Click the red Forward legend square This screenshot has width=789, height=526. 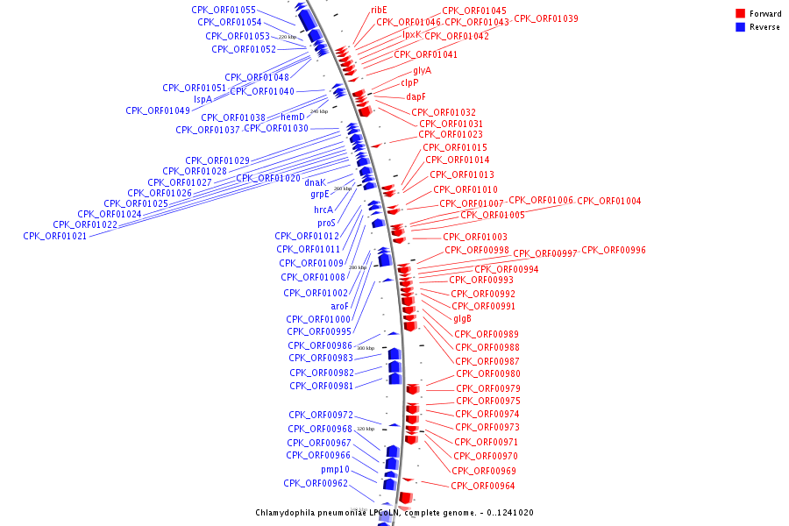[x=740, y=13]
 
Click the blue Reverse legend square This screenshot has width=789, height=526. [x=740, y=27]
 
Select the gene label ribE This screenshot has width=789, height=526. [x=379, y=10]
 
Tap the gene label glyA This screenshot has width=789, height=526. [x=423, y=70]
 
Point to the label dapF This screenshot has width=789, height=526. [x=416, y=96]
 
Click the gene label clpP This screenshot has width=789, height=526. [x=409, y=83]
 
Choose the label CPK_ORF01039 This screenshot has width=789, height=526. [x=545, y=18]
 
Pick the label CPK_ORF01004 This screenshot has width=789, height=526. [x=608, y=201]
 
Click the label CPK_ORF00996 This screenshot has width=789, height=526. [x=613, y=250]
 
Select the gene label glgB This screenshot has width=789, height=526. [x=462, y=319]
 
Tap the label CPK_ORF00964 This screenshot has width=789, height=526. [x=482, y=486]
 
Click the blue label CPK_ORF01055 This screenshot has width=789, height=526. [x=224, y=10]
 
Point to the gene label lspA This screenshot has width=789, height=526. [x=203, y=99]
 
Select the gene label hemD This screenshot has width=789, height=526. [x=293, y=117]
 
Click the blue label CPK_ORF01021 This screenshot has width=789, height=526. [x=54, y=236]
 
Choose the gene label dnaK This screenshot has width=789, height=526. [x=315, y=182]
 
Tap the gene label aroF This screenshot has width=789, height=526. [x=339, y=306]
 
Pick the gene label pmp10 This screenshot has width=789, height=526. [x=335, y=469]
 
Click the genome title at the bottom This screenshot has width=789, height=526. [x=394, y=513]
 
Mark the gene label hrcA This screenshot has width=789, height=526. [x=323, y=210]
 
